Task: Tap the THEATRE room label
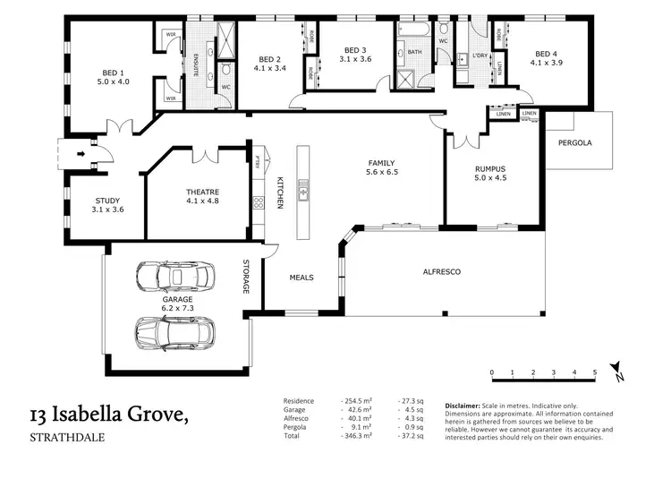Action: point(202,192)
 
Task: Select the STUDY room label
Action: point(106,201)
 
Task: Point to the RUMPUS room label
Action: point(490,168)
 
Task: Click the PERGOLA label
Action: point(575,143)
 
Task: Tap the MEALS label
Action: point(302,278)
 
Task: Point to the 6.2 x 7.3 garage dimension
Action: point(176,308)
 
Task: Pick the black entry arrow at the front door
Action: point(82,153)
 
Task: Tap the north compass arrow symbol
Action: point(616,370)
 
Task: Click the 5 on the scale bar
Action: point(595,372)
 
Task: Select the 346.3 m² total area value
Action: point(360,434)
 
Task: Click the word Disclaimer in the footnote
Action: point(462,406)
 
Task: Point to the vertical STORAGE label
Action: point(247,278)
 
